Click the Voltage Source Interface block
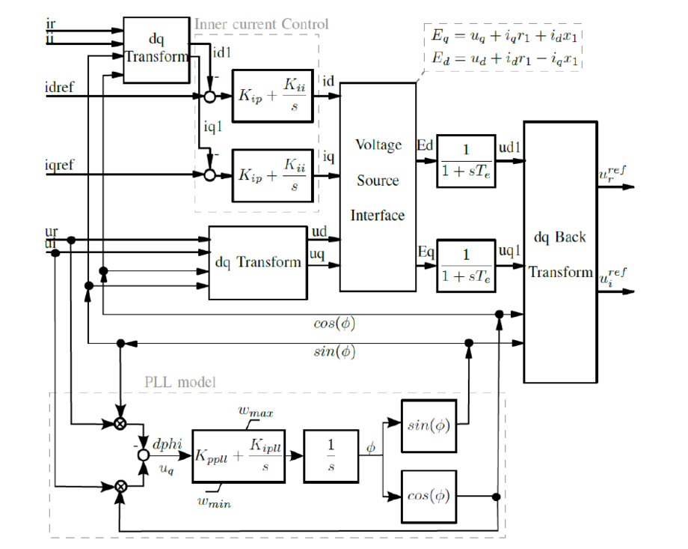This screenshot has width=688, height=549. [378, 186]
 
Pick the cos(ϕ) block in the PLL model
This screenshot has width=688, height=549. [429, 497]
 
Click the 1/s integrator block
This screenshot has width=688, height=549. [331, 456]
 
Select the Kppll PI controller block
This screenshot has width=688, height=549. [239, 456]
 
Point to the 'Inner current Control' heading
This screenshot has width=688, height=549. [261, 24]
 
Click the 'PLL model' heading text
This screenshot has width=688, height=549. [179, 383]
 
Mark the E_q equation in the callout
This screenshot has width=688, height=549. [504, 36]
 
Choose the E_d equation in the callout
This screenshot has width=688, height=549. [504, 58]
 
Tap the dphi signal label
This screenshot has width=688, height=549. [168, 444]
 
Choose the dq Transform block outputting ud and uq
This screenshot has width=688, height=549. [258, 262]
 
